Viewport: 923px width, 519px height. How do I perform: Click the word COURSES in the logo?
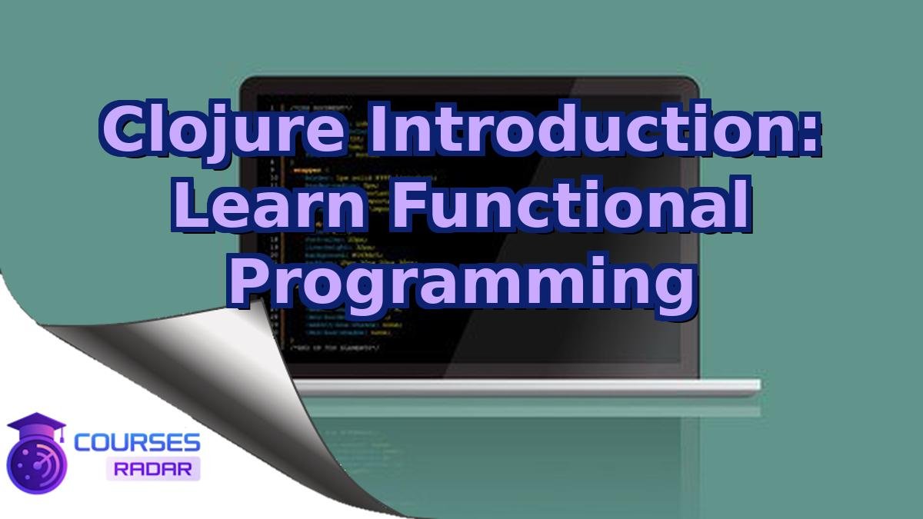point(137,443)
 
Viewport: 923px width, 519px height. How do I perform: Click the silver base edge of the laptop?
point(523,387)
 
